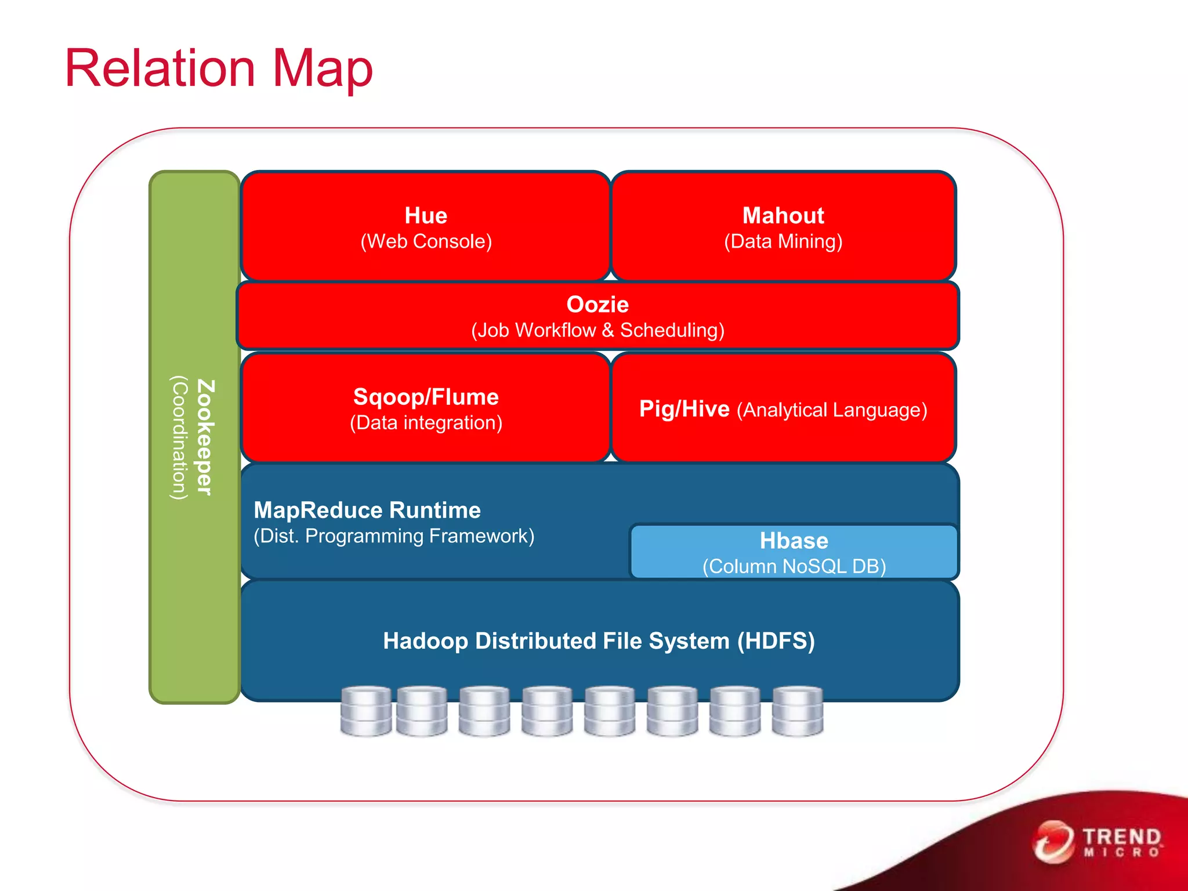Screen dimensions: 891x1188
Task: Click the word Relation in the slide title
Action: tap(160, 68)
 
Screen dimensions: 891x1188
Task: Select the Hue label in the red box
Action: tap(426, 216)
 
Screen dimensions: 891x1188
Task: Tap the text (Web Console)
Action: tap(426, 241)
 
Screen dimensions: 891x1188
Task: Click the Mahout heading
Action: tap(783, 216)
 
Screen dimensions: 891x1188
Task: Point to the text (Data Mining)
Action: tap(783, 241)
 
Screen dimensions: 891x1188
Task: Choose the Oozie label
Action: tap(597, 305)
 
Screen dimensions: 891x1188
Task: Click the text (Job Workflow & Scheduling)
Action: tap(597, 330)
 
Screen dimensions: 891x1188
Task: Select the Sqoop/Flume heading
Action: tap(426, 397)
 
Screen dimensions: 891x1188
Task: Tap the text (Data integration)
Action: tap(426, 422)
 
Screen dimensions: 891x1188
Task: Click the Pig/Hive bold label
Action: tap(684, 409)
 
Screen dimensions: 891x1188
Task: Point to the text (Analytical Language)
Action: tap(832, 410)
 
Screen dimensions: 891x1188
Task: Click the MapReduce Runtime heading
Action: tap(367, 510)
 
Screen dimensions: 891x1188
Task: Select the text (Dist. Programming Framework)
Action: tap(394, 536)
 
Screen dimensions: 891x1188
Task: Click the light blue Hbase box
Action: tap(794, 552)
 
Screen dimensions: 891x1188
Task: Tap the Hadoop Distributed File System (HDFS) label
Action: tap(599, 641)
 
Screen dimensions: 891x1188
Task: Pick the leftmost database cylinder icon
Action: tap(365, 711)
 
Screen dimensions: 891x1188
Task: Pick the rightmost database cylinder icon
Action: tap(798, 711)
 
